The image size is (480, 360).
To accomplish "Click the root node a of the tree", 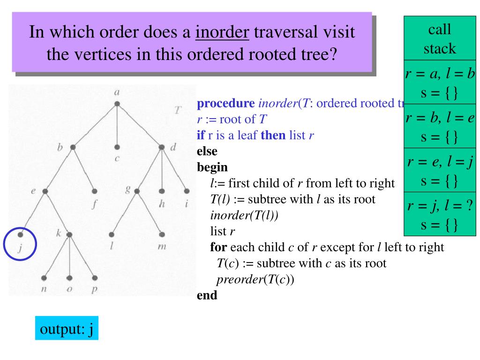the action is tap(117, 103).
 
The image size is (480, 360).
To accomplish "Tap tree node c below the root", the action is tap(117, 147).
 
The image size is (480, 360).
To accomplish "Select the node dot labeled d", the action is tap(162, 147).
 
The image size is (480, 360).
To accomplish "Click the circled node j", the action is tap(20, 234).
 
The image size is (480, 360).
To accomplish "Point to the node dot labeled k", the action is tap(69, 234).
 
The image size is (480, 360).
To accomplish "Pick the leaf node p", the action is tap(95, 277).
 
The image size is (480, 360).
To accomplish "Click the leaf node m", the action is tap(162, 234).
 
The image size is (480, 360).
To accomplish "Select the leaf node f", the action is tap(95, 191).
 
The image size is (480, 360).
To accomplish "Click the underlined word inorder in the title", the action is tap(222, 33).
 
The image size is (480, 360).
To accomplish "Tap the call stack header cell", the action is tap(440, 39).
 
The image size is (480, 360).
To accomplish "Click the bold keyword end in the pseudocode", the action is tap(207, 296).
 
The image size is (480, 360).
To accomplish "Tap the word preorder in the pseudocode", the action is tap(237, 279).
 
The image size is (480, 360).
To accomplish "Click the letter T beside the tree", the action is tap(177, 111).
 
